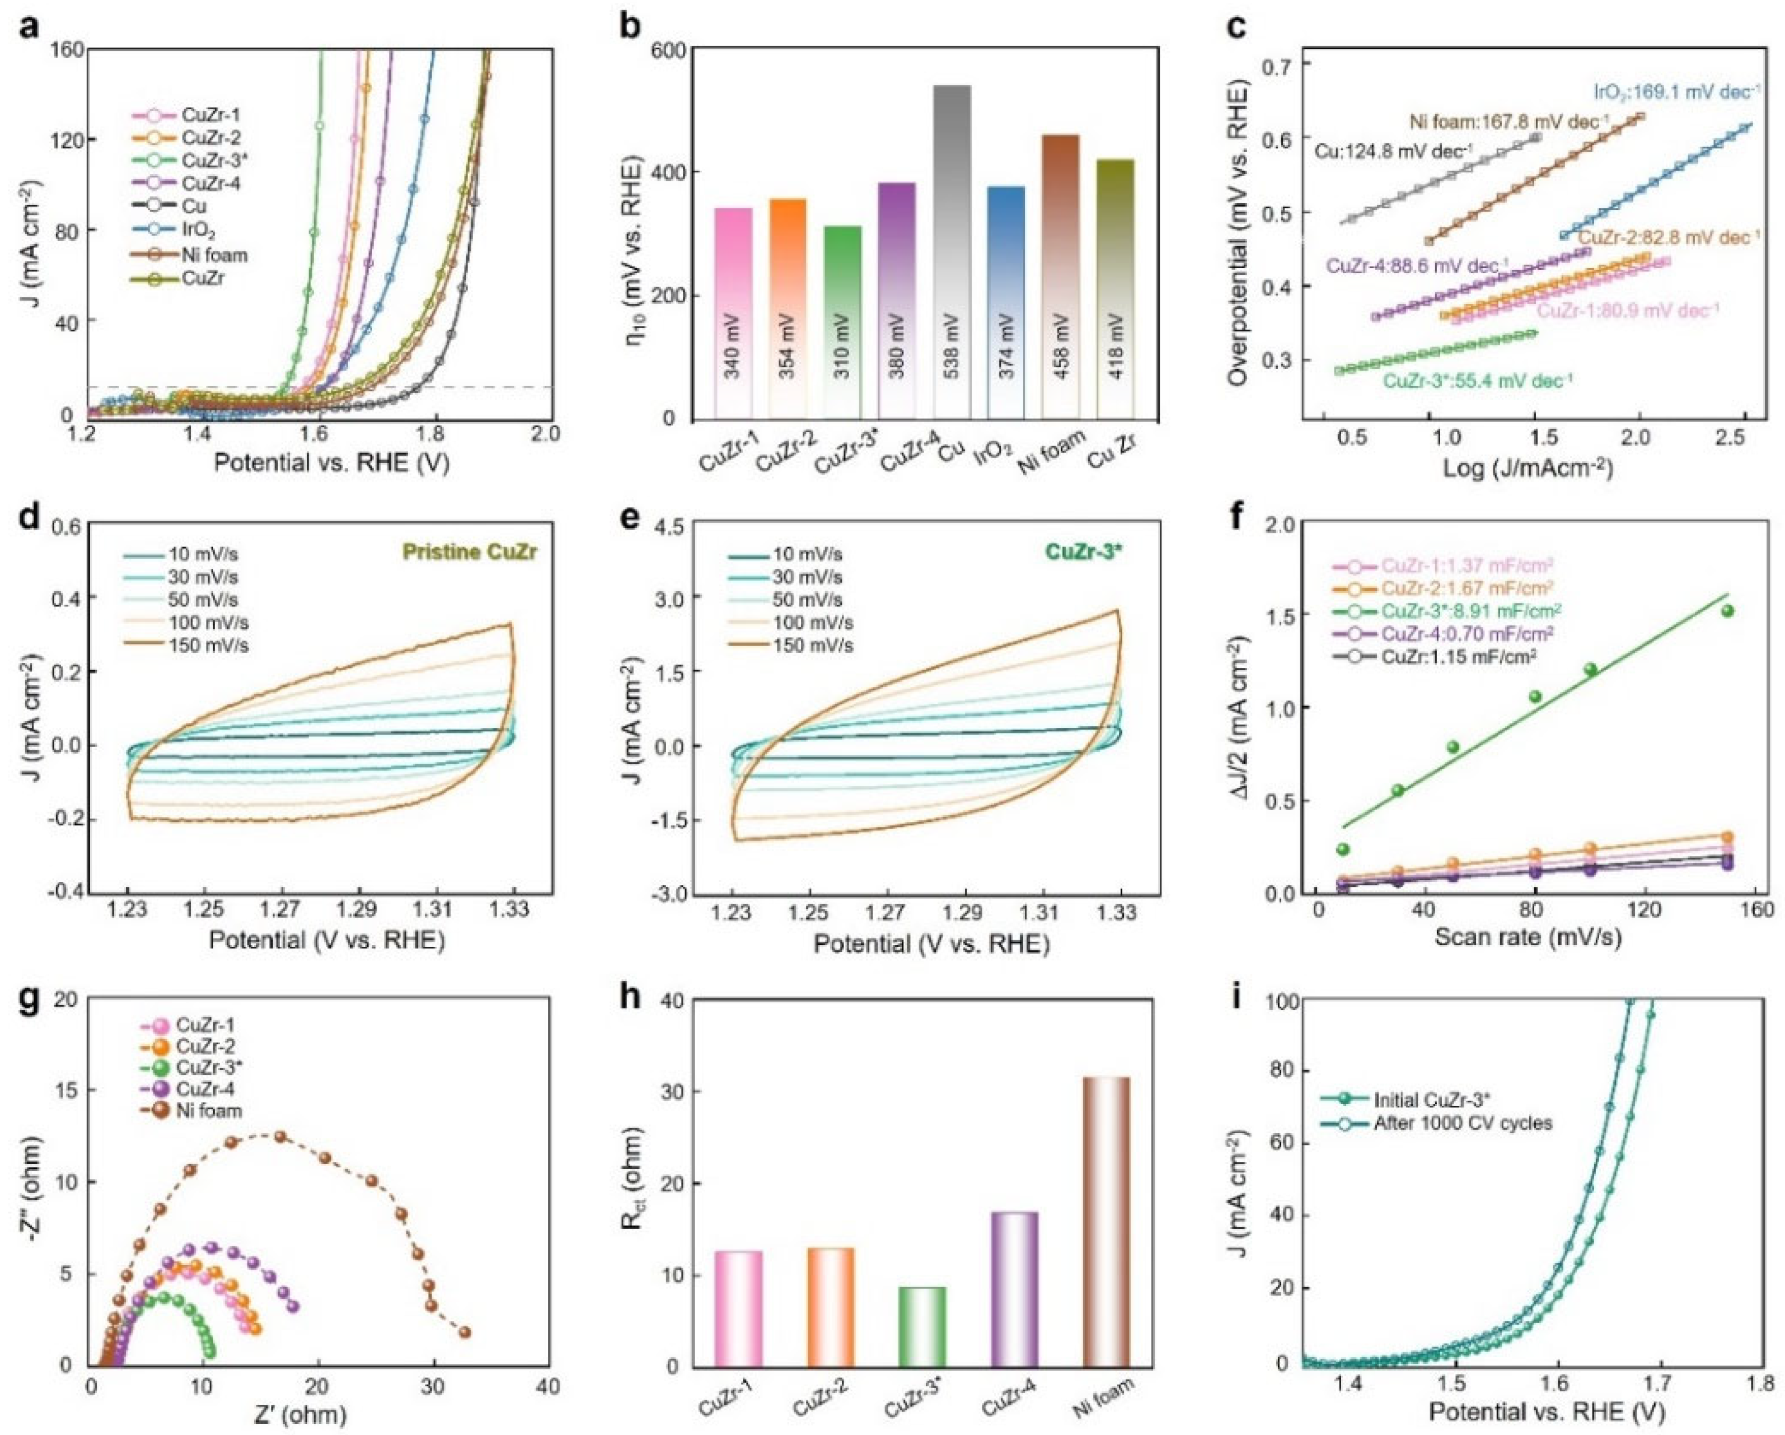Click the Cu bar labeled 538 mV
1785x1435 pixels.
tap(952, 249)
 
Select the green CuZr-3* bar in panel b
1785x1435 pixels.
tap(843, 323)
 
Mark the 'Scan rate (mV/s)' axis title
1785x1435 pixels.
tap(1528, 937)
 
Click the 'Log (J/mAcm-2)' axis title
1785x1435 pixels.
tap(1528, 469)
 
